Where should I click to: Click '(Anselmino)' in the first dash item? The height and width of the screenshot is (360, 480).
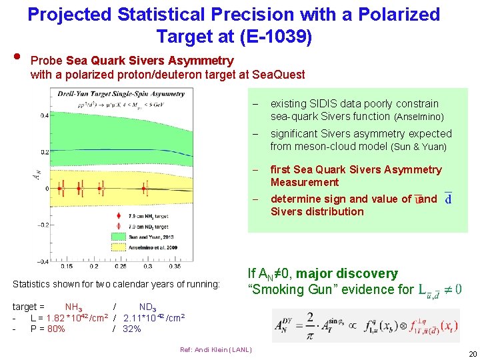click(x=419, y=117)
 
